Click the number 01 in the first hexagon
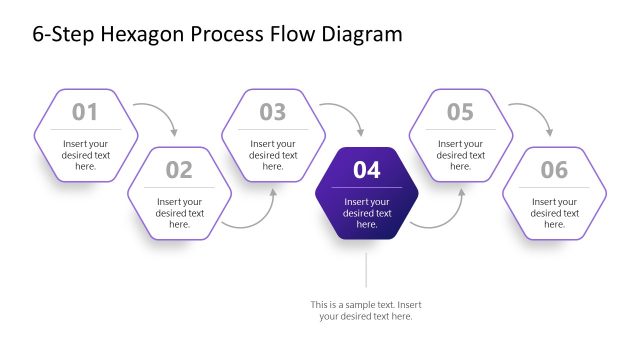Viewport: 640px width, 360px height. coord(85,112)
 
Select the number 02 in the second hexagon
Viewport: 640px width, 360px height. coord(179,170)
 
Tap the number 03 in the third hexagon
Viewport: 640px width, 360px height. coord(273,112)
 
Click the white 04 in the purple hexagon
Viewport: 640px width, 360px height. coord(367,170)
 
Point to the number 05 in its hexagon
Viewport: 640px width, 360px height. coord(460,112)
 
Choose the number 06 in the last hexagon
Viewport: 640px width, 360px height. coord(554,170)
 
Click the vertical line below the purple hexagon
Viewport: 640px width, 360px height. coord(367,270)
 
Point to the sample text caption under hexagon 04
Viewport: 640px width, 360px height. coord(366,310)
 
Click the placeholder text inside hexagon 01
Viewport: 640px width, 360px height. coord(85,155)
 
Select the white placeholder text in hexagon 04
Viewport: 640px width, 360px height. coord(367,213)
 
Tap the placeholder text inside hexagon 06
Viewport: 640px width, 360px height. coord(554,213)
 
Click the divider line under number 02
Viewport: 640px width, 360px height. coord(179,187)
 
